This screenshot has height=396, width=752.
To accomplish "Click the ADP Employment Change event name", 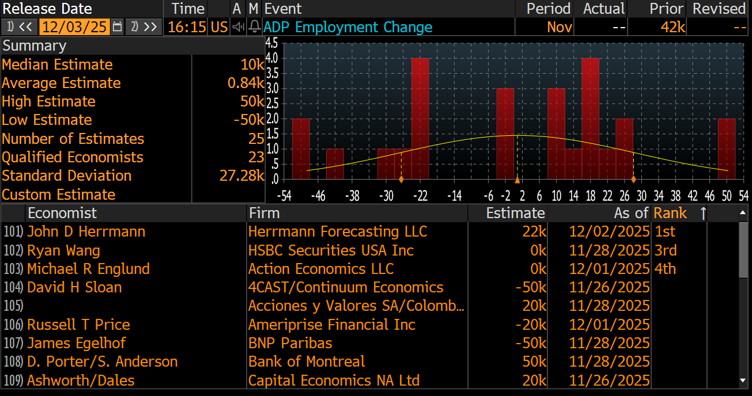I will (347, 27).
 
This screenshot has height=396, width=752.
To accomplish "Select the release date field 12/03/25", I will (75, 27).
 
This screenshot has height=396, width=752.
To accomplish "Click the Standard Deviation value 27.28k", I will (241, 176).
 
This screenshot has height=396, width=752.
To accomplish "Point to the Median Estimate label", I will (57, 64).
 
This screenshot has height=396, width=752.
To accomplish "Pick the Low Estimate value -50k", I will (248, 120).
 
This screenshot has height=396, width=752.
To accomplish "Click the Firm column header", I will (264, 213).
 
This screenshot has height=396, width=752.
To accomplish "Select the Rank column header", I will (670, 213).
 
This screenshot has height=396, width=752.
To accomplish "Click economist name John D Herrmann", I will (86, 231).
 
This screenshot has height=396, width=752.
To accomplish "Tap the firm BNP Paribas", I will (290, 343).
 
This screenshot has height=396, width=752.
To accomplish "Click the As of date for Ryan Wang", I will (609, 250).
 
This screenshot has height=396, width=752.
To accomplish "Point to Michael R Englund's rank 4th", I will (665, 269).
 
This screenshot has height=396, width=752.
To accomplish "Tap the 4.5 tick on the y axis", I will (271, 43).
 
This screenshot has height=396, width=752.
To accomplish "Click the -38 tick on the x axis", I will (352, 196).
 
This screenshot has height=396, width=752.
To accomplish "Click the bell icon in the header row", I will (254, 27).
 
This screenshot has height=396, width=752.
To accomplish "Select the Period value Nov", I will (560, 27).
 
